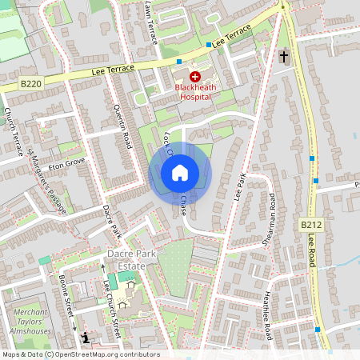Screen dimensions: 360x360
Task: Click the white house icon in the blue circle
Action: (180, 173)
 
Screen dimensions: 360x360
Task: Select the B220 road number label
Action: (31, 83)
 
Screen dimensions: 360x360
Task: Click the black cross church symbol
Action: (284, 57)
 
